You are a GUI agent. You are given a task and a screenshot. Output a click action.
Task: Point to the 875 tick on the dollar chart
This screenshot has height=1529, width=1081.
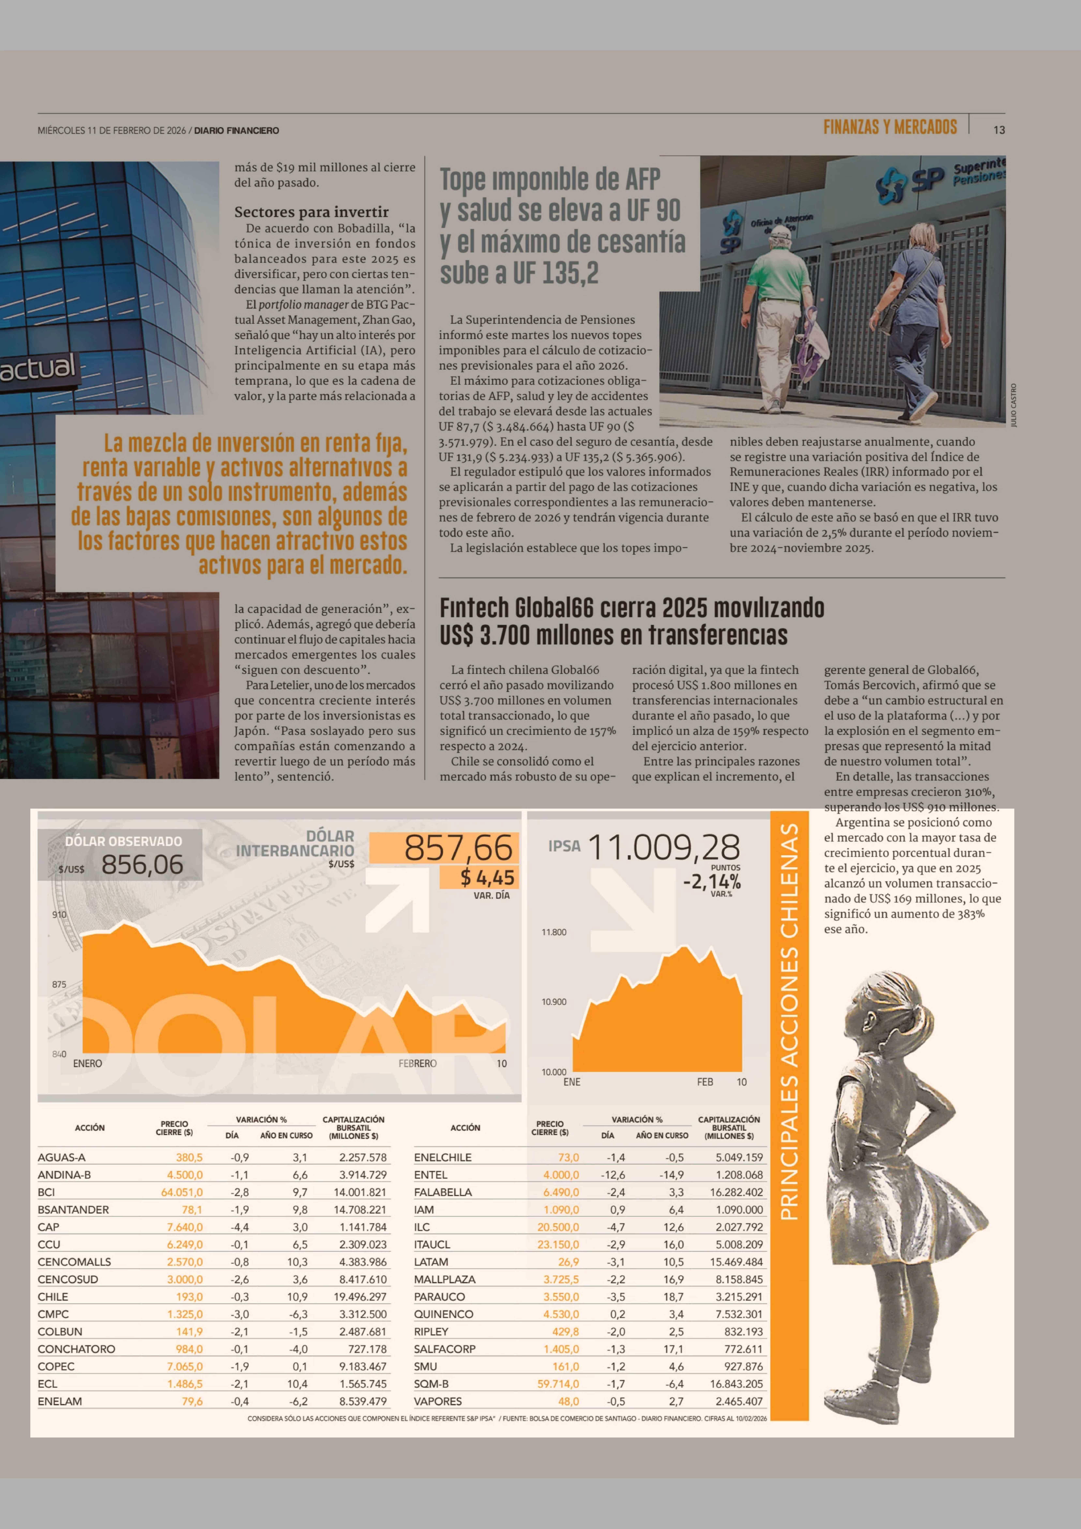click(59, 984)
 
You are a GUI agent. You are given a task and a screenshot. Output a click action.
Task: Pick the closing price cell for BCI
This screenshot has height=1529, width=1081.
click(182, 1192)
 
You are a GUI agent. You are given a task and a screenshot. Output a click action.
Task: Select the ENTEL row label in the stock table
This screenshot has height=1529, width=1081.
click(431, 1175)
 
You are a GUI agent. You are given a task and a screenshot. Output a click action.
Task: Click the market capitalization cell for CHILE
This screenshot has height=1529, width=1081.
click(360, 1297)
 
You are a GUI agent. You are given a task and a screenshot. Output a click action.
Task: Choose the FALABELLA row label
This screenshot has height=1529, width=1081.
click(443, 1192)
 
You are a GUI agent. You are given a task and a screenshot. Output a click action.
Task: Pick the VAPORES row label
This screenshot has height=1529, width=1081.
click(437, 1401)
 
